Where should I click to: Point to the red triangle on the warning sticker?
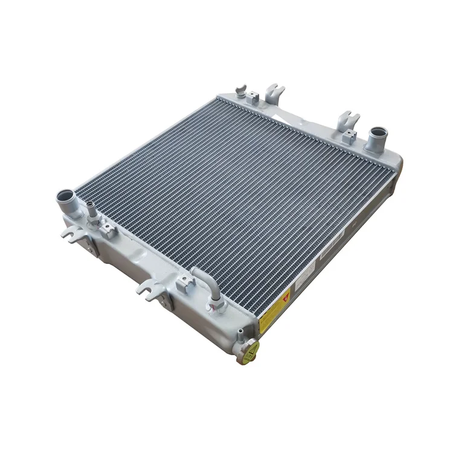(285, 298)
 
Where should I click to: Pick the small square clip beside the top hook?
(252, 97)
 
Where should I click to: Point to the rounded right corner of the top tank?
(396, 160)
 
